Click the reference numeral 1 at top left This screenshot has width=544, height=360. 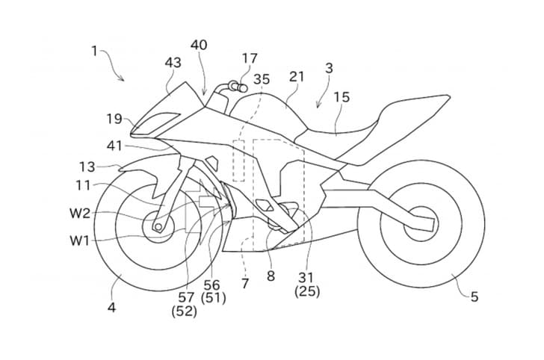pos(94,51)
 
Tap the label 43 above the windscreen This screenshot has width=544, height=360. pos(173,63)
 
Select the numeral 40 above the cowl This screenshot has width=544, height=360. pos(199,45)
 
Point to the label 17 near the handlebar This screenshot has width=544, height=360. pos(250,58)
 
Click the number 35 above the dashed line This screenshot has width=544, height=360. pos(262,78)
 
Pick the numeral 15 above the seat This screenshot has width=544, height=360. pos(341,97)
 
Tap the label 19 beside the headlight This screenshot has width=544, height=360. pos(113,118)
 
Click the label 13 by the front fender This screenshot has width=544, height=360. pos(87,167)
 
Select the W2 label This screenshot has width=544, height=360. pos(81,214)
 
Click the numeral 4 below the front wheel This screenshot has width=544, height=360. pos(111,306)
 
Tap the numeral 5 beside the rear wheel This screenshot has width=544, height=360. pos(474,297)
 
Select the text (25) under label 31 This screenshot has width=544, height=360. pos(306,291)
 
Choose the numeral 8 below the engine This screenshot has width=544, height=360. pos(271,276)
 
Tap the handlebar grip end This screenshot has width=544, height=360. pos(240,87)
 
